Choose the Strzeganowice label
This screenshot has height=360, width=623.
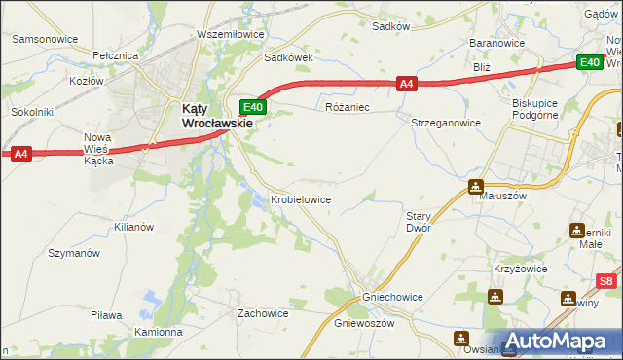pos(447,124)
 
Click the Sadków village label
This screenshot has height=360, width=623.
pos(390,26)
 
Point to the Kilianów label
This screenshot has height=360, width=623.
pos(133,226)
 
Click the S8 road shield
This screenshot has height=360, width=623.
pos(606,281)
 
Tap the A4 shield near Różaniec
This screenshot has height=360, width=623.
pos(408,85)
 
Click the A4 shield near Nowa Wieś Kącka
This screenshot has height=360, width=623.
pos(21,153)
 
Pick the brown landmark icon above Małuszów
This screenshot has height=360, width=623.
pos(476,186)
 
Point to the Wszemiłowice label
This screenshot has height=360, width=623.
pos(231,34)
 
